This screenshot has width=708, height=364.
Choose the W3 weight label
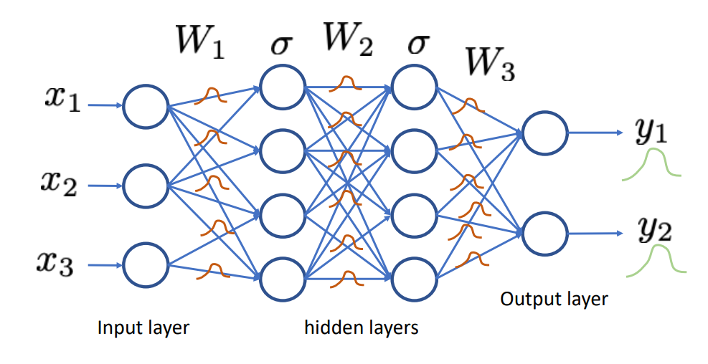(490, 64)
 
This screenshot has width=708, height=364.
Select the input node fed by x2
(146, 186)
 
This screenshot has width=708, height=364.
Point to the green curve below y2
(656, 261)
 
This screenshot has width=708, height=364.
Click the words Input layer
(143, 329)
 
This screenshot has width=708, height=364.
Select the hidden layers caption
(361, 329)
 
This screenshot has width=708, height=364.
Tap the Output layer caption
(553, 299)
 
